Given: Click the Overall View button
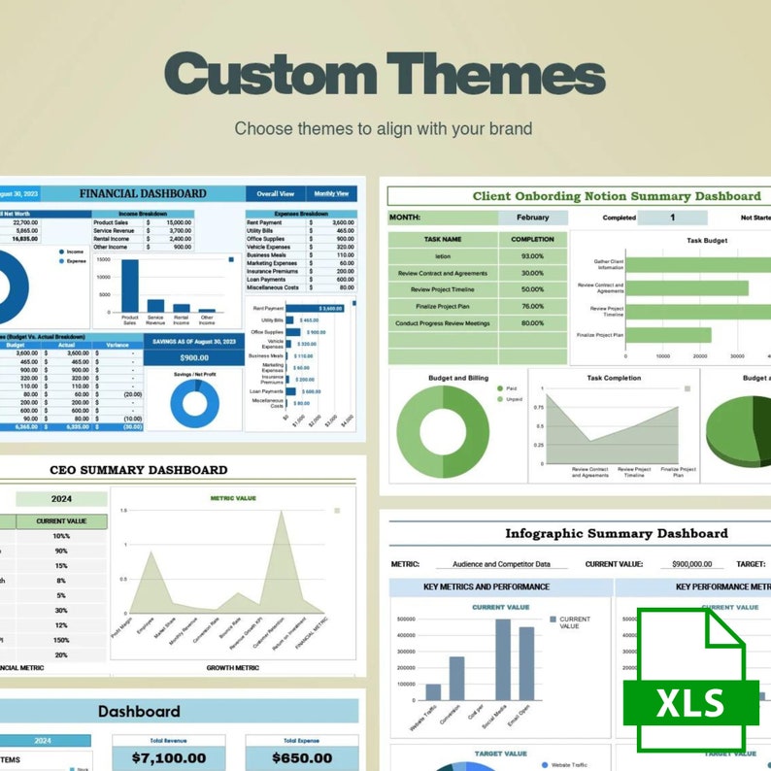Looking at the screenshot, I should click(x=276, y=193).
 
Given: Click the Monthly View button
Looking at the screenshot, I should click(x=331, y=193).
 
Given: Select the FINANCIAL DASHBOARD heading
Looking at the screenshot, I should click(x=143, y=193).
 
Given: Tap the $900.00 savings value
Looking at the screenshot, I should click(x=194, y=357).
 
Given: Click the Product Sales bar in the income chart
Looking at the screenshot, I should click(x=129, y=286).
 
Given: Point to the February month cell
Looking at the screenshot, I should click(x=532, y=218).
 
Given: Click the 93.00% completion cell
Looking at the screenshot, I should click(x=532, y=256).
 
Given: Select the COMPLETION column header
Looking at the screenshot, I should click(x=532, y=239).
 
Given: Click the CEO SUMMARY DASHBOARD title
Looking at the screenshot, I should click(x=139, y=470).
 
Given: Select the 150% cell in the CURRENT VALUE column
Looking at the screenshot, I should click(x=61, y=640).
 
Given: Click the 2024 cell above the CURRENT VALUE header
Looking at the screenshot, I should click(x=61, y=499).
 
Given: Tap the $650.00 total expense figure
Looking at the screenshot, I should click(x=301, y=757).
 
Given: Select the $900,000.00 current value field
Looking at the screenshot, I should click(x=691, y=563).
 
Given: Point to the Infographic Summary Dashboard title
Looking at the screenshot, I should click(x=616, y=533).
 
